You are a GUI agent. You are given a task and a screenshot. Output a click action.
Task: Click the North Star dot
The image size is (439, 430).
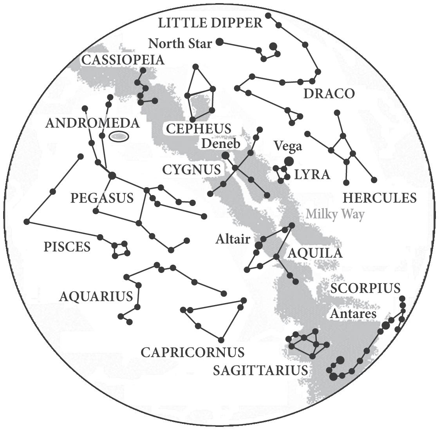[x=220, y=42]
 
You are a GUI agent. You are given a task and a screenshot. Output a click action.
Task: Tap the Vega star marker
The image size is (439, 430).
[x=289, y=161]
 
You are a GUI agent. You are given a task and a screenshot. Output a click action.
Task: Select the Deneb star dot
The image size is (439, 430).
[x=226, y=155]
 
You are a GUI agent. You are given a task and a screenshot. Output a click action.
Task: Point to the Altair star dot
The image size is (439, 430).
[x=258, y=245]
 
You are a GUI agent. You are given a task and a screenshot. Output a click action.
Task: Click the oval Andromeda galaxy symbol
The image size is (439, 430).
[x=119, y=136]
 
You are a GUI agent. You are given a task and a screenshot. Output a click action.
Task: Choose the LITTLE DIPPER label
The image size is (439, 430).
[x=210, y=23]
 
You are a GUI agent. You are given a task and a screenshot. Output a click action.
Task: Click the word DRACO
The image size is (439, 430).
[x=329, y=94]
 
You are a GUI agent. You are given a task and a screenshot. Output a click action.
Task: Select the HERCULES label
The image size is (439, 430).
[x=379, y=198]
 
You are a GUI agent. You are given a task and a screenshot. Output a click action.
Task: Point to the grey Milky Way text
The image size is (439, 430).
[x=335, y=215]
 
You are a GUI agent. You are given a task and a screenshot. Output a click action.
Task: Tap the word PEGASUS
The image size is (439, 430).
[x=102, y=198]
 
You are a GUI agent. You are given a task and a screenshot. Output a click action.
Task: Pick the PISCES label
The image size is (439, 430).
[x=67, y=247]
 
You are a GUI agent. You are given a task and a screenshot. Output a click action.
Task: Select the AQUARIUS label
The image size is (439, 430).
[x=96, y=296]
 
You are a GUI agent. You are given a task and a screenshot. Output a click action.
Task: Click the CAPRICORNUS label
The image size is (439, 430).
[x=192, y=352]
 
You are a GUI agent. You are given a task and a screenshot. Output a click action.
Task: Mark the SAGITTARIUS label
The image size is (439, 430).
[x=260, y=370]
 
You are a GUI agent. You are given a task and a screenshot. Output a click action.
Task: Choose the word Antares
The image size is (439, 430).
[x=353, y=314]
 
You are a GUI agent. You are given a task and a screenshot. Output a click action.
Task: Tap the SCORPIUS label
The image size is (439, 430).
[x=365, y=289]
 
